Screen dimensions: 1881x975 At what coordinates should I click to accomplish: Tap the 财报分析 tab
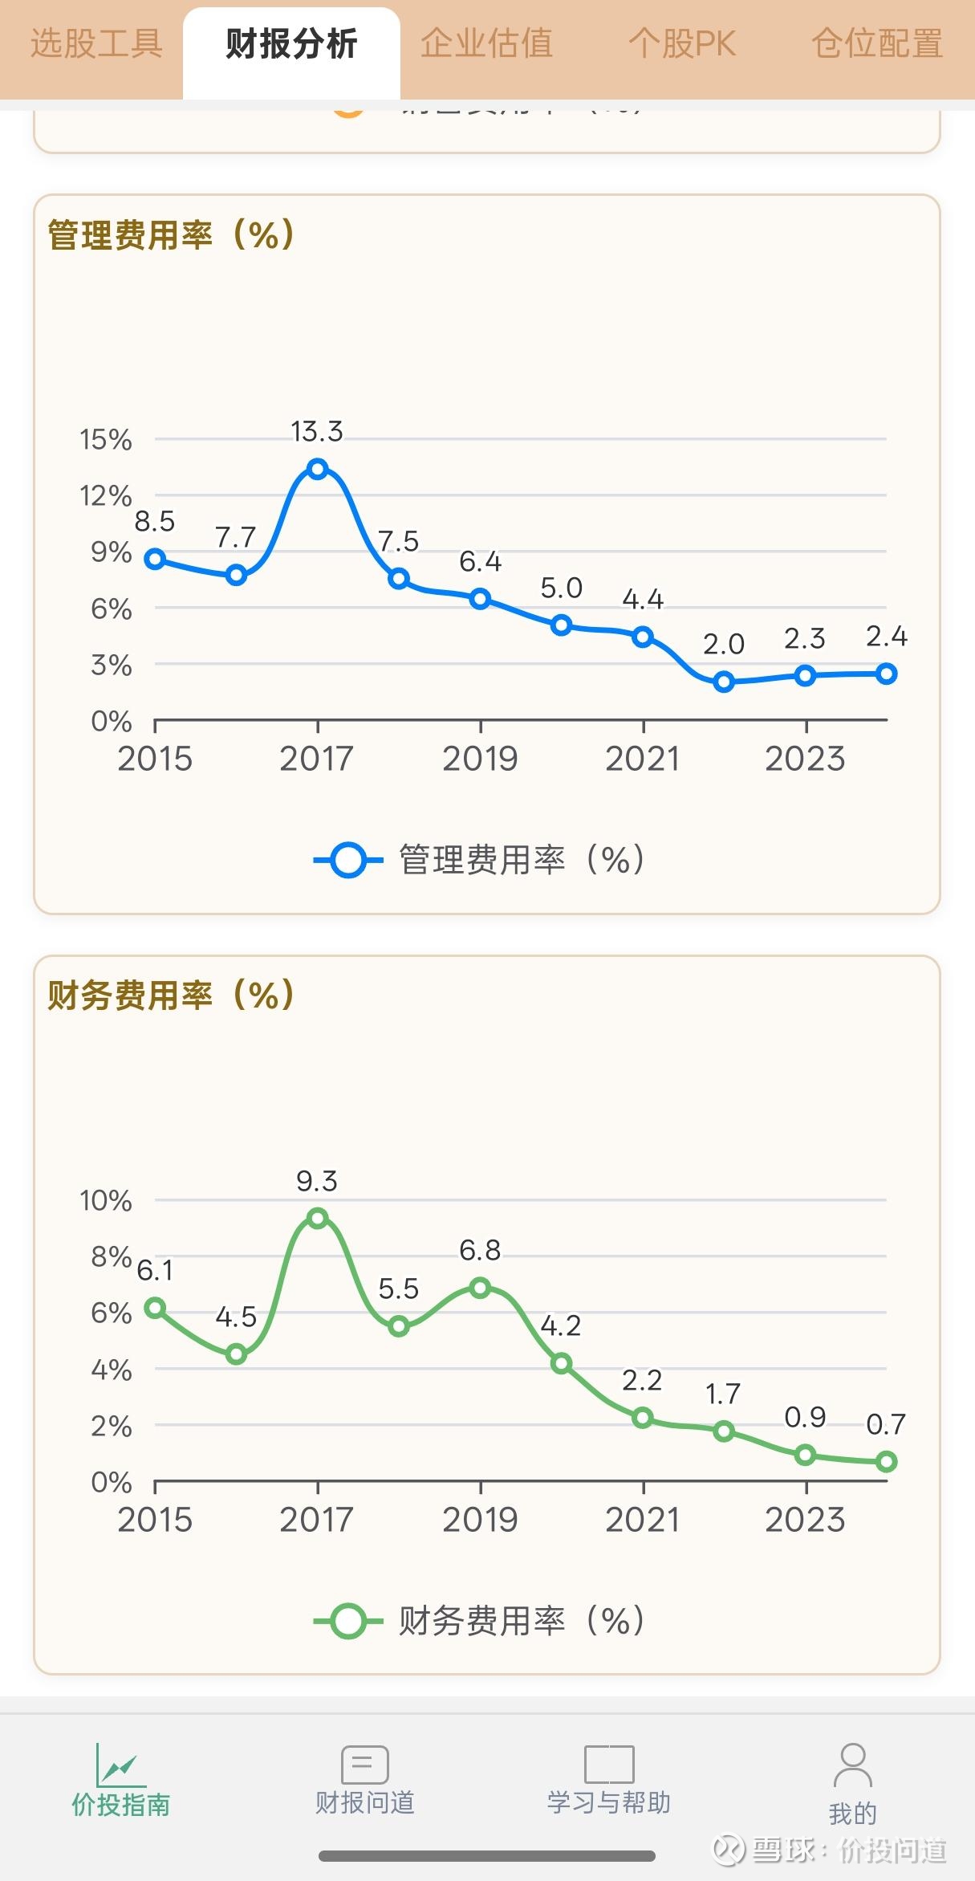click(x=291, y=44)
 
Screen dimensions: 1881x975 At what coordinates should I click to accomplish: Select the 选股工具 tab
click(x=96, y=44)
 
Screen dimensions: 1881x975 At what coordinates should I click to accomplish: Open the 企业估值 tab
click(x=486, y=44)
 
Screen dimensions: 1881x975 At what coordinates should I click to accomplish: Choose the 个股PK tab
click(x=682, y=44)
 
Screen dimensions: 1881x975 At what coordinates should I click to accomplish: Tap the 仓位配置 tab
click(x=877, y=44)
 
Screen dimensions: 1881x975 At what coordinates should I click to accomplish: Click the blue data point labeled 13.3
click(x=318, y=469)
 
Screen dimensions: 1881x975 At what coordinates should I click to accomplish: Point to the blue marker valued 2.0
click(x=724, y=682)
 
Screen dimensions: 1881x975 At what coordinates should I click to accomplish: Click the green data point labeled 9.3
click(x=318, y=1219)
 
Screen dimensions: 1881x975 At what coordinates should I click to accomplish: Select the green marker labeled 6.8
click(x=480, y=1289)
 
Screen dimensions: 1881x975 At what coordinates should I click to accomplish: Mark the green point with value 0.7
click(x=886, y=1462)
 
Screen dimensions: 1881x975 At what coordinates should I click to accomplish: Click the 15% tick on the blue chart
click(x=106, y=439)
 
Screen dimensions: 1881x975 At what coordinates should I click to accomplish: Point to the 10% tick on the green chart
click(x=106, y=1200)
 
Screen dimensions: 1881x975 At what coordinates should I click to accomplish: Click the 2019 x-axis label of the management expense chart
click(x=480, y=759)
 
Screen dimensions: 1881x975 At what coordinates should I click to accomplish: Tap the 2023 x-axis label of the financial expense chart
click(x=805, y=1520)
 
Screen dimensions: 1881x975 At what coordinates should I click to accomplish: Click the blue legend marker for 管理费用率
click(x=348, y=860)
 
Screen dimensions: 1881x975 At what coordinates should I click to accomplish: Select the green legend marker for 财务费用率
click(x=348, y=1621)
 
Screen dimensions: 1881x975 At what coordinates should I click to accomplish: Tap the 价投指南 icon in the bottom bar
click(x=120, y=1766)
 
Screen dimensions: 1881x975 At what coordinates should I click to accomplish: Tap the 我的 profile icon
click(x=852, y=1766)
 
